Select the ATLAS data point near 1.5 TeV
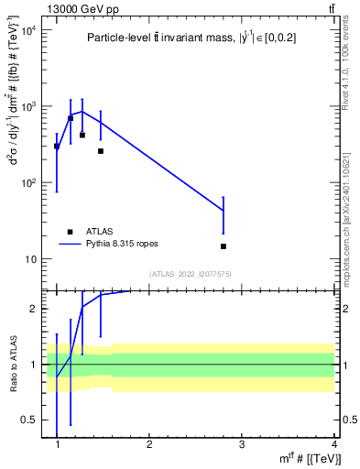(101, 151)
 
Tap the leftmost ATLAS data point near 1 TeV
(57, 147)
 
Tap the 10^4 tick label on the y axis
(28, 31)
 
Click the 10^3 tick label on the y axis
(28, 107)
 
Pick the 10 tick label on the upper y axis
(31, 259)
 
